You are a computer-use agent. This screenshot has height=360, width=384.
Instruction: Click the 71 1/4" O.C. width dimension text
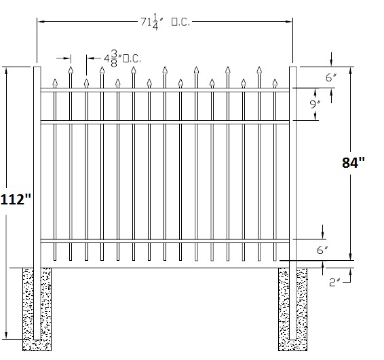point(166,22)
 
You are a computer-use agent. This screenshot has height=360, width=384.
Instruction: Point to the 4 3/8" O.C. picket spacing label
point(122,58)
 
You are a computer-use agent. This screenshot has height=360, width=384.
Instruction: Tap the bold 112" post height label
point(16,199)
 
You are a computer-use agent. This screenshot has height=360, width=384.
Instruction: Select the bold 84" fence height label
point(353,162)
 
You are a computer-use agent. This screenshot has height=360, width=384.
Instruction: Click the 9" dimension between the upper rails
point(315,105)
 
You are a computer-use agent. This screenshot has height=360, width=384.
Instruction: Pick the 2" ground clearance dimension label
point(334,283)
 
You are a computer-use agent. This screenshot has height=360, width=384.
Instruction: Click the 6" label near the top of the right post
point(331,77)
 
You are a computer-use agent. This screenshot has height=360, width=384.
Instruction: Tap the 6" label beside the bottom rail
point(322,250)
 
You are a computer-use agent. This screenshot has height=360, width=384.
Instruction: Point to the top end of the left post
point(37,67)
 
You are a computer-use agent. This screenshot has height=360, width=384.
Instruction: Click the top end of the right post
point(293,67)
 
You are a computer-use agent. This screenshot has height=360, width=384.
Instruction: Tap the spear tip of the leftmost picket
point(55,79)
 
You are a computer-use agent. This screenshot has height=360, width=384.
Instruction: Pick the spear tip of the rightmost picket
point(275,79)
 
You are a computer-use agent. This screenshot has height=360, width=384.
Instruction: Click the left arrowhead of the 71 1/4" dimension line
point(38,22)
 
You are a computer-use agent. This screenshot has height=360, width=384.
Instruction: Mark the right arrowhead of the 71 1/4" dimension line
point(292,22)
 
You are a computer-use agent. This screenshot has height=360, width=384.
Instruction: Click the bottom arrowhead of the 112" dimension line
point(6,338)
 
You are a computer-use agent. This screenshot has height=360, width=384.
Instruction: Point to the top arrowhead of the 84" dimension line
point(351,68)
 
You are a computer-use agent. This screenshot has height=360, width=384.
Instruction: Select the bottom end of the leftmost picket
point(55,260)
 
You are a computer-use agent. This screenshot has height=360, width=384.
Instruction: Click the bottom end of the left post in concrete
point(37,340)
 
